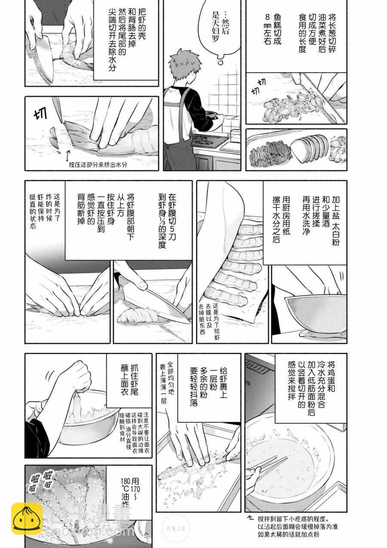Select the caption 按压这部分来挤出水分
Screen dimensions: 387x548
[98, 165]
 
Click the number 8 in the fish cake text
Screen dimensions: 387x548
[267, 18]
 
